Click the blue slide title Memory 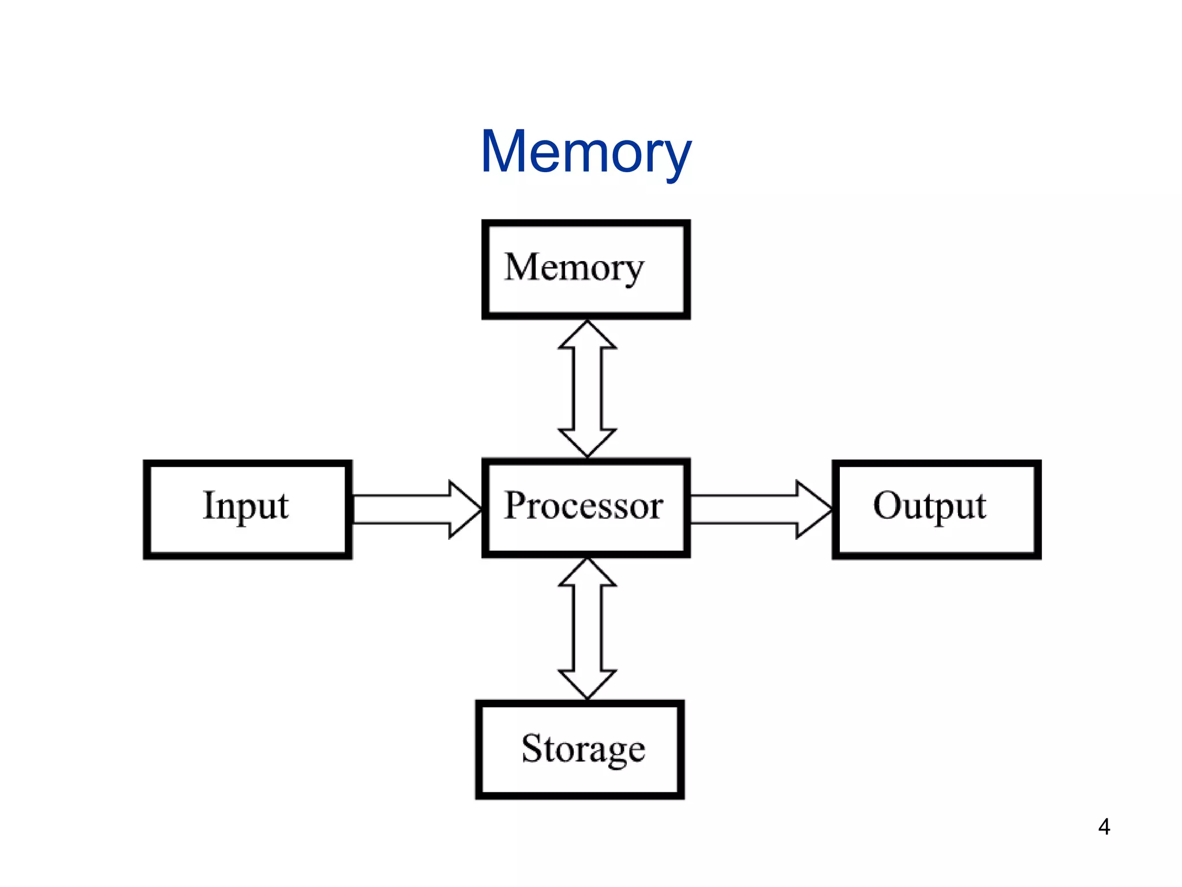(x=586, y=153)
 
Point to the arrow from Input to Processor (x=417, y=509)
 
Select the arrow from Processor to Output (x=761, y=509)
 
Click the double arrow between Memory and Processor (x=587, y=389)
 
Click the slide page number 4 (x=1104, y=827)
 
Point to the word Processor (x=583, y=506)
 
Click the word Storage (x=583, y=750)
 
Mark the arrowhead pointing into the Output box (x=814, y=509)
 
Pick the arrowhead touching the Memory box (x=587, y=334)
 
